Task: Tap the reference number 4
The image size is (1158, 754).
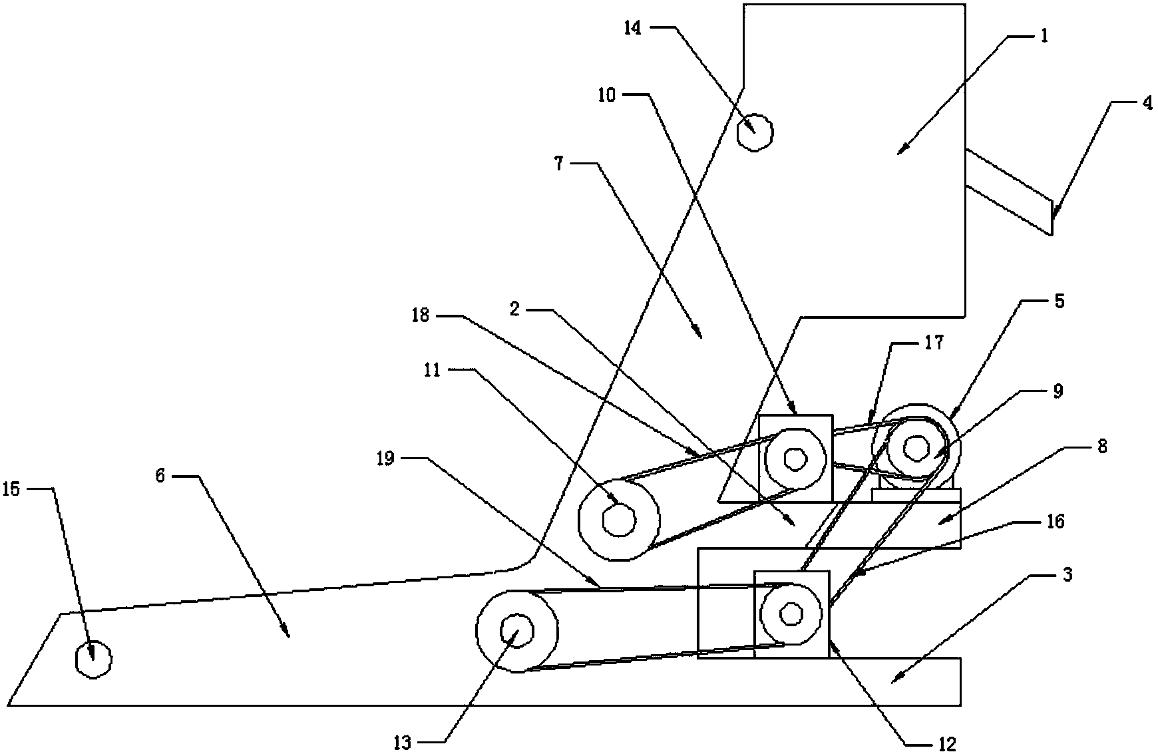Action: (1147, 104)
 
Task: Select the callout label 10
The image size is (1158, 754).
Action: (607, 96)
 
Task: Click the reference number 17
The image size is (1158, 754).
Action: (934, 344)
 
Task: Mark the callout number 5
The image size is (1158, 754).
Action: (1059, 301)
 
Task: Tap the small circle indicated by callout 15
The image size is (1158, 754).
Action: (93, 660)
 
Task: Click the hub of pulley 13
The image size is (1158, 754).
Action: (516, 630)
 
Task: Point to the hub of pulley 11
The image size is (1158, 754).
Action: (619, 518)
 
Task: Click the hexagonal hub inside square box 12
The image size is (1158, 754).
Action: (791, 614)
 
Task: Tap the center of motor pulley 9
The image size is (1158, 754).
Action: (917, 447)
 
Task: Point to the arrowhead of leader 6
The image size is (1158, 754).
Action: (288, 636)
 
